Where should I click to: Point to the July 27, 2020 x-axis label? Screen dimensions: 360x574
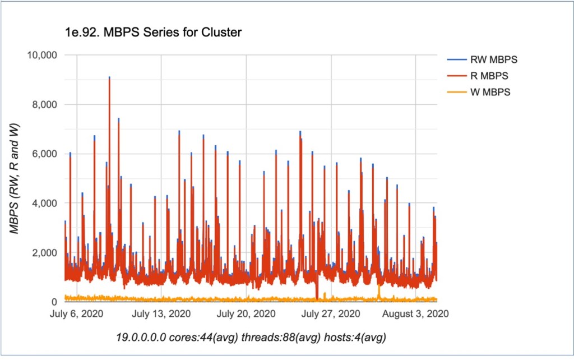tap(332, 313)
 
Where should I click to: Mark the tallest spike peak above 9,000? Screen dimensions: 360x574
tap(109, 77)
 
